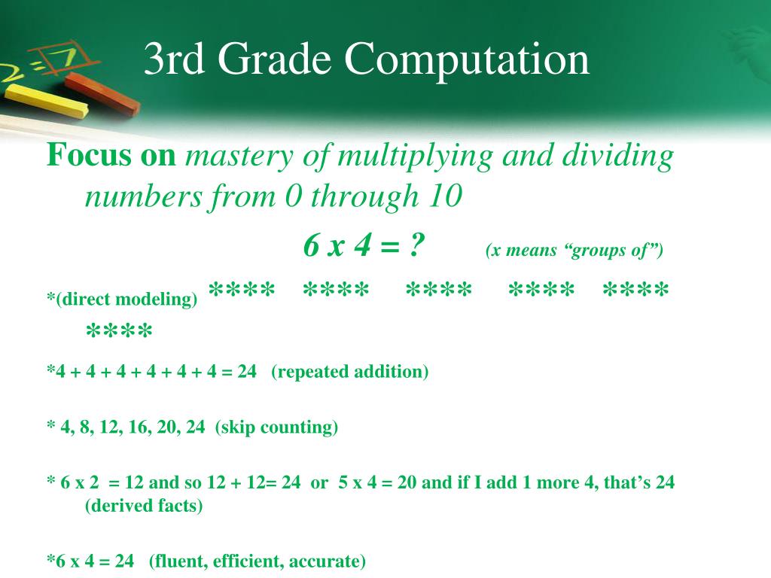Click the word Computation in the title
pos(468,60)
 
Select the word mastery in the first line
pos(240,157)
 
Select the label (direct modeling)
pos(124,299)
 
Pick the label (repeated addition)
pos(350,372)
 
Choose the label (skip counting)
pos(276,427)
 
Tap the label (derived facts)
pos(144,506)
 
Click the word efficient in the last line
pos(248,561)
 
